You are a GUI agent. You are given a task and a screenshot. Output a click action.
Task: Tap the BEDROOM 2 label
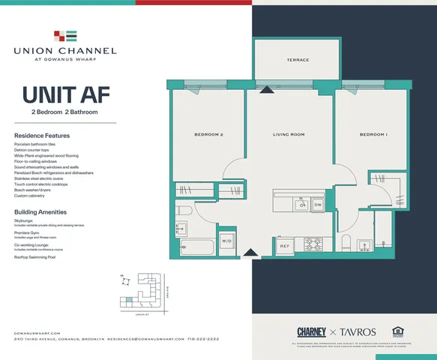click(x=209, y=135)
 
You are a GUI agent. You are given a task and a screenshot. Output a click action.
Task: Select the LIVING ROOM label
click(x=288, y=135)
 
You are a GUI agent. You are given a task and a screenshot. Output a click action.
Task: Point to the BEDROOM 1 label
click(x=373, y=135)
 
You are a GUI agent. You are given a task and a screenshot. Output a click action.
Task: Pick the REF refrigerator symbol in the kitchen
click(x=285, y=245)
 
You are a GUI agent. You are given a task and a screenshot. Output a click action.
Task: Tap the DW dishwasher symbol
click(x=318, y=204)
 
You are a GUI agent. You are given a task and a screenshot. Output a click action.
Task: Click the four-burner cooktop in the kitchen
click(x=312, y=244)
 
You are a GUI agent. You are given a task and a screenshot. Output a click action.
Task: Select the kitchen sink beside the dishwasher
click(x=302, y=203)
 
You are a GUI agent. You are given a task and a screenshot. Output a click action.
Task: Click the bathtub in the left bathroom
click(x=196, y=246)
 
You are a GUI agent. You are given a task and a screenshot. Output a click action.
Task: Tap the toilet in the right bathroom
click(x=346, y=244)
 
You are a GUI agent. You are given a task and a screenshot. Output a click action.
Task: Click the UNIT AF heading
click(x=56, y=95)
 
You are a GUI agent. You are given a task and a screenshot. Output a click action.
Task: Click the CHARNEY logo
click(x=310, y=331)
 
